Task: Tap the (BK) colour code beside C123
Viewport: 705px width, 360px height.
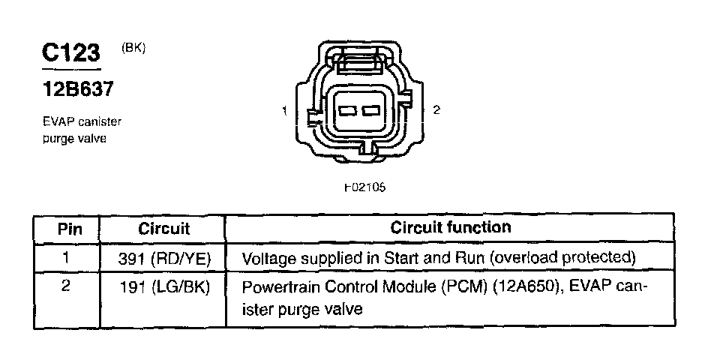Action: coord(133,48)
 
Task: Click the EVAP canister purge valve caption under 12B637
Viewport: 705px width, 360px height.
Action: coord(81,129)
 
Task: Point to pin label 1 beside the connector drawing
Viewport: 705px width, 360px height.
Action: coord(285,111)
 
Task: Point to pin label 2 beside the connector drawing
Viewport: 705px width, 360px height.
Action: coord(436,109)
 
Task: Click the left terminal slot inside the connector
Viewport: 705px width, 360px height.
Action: coord(346,112)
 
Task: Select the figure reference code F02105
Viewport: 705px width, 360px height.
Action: coord(365,187)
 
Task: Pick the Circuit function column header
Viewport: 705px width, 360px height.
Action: coord(451,227)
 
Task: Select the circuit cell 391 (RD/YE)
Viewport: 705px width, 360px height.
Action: coord(165,259)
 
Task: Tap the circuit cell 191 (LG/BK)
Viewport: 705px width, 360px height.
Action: coord(165,289)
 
